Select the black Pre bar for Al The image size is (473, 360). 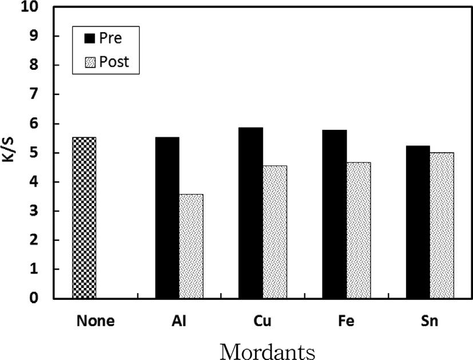pyautogui.click(x=167, y=218)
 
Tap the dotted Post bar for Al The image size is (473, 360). pyautogui.click(x=191, y=246)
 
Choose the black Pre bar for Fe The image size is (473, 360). pyautogui.click(x=335, y=214)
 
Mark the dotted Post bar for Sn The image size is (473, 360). pyautogui.click(x=442, y=226)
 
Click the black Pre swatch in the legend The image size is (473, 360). pyautogui.click(x=90, y=38)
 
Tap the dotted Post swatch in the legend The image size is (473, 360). pyautogui.click(x=90, y=61)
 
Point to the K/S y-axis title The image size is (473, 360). pyautogui.click(x=10, y=153)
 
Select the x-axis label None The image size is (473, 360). pyautogui.click(x=95, y=321)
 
